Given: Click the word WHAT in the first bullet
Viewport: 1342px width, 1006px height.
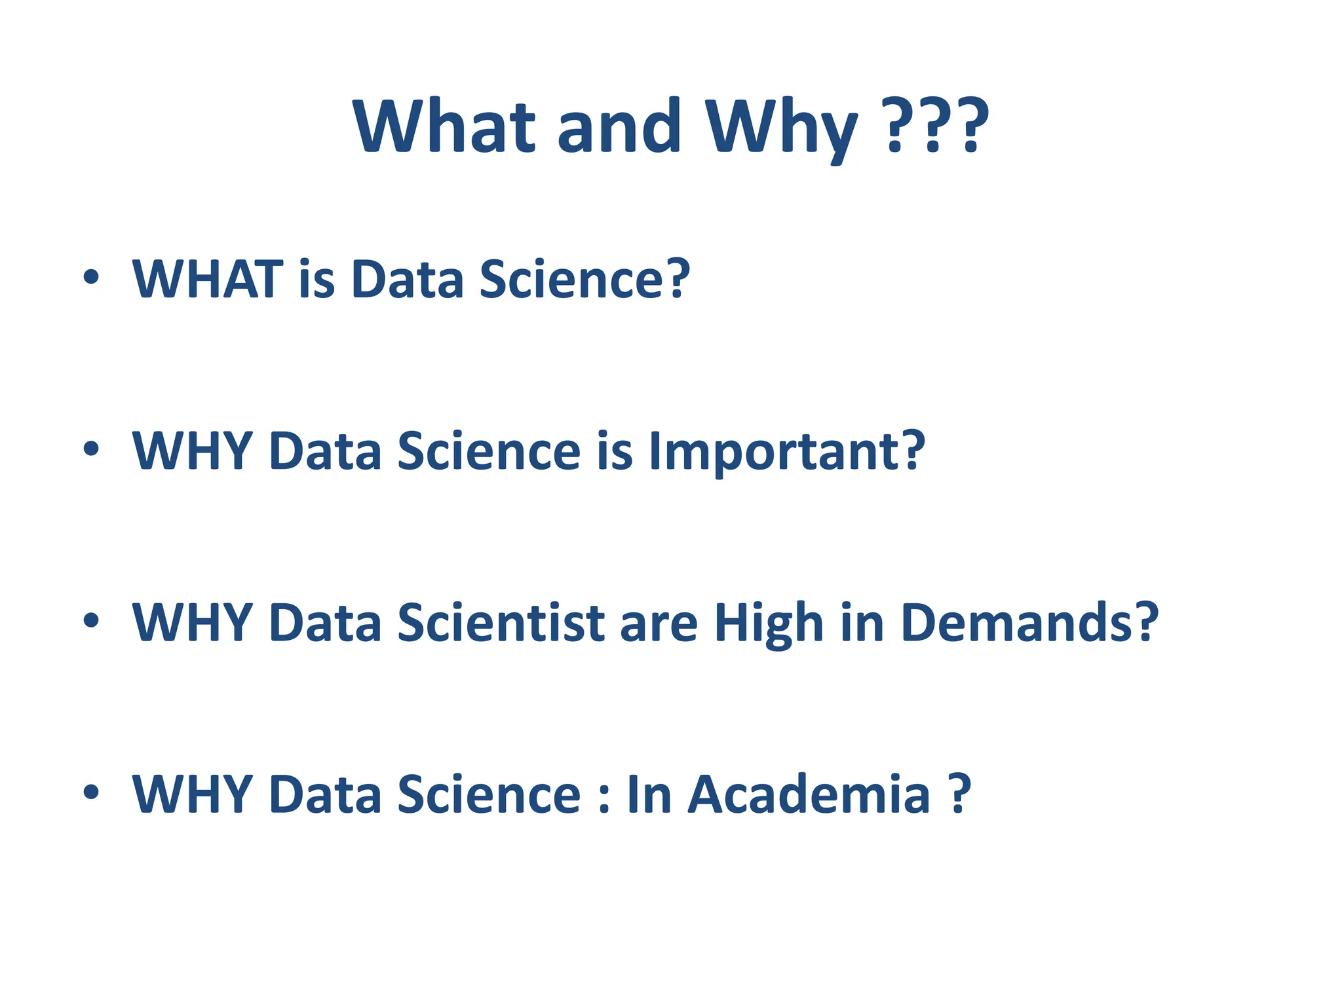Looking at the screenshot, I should [x=207, y=279].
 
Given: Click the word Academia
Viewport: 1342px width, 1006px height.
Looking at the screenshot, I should [x=809, y=794].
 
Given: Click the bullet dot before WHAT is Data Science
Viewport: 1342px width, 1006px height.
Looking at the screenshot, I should [x=91, y=278].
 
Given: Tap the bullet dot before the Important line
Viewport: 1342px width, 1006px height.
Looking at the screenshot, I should [x=91, y=449].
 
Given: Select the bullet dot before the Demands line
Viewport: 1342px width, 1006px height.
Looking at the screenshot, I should [x=91, y=621].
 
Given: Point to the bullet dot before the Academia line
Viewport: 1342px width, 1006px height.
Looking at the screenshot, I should [x=91, y=792].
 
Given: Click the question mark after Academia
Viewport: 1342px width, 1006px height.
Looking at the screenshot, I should [x=959, y=794].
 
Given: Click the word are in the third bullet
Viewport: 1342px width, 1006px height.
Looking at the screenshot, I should [x=659, y=624].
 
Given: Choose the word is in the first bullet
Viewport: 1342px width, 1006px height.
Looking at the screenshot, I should [x=316, y=279].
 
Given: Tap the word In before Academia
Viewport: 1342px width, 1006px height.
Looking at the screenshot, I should [x=649, y=794].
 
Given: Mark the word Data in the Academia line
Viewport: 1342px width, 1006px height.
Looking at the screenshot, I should [x=325, y=794].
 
